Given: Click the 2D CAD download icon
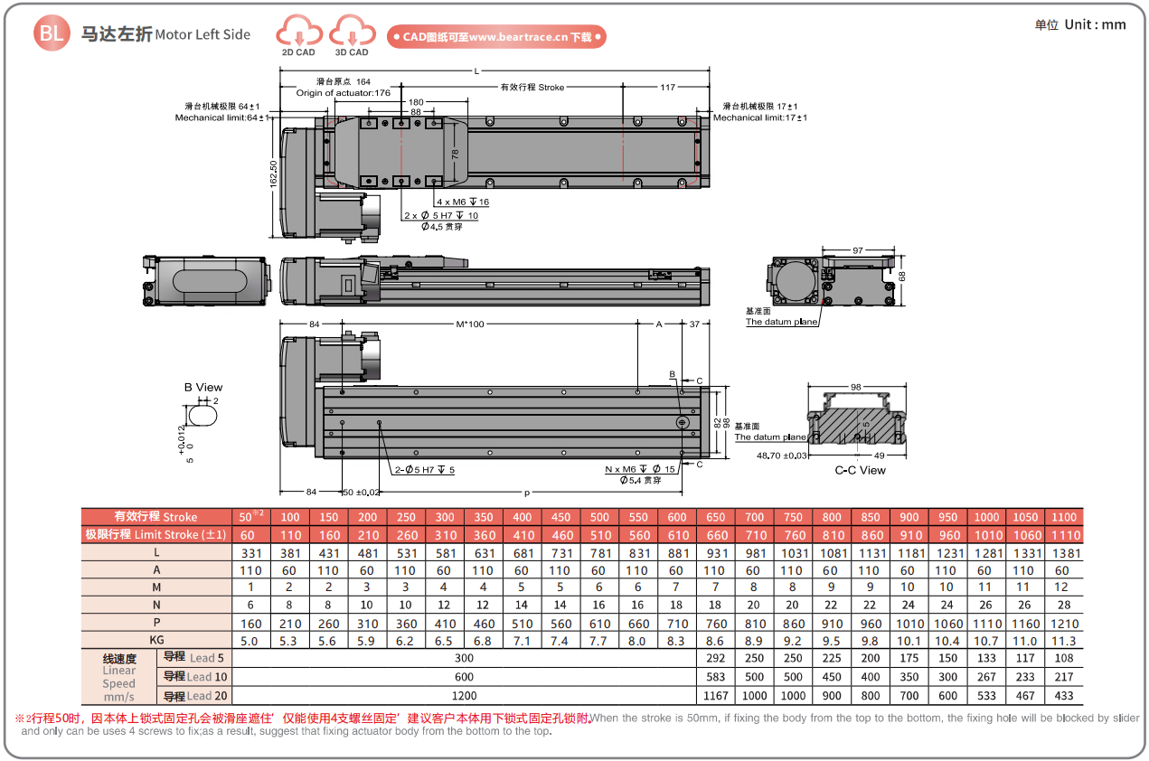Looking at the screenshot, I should pos(298,33).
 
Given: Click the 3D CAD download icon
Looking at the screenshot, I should pos(352,33).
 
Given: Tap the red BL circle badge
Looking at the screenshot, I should pos(51,34).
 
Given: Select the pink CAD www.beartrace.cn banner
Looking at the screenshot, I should pos(496,37).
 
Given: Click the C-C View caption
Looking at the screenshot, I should pos(860,470).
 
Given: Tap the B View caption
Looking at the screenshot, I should pos(203,388).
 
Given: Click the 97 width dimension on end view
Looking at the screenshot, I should pos(857,249).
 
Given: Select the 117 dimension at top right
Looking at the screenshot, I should pos(667,88).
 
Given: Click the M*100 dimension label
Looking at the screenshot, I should pos(470,324).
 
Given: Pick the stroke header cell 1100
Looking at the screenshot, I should pos(1063,517).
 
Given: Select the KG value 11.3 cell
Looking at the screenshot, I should pos(1063,641).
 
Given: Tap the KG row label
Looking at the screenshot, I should pos(156,641).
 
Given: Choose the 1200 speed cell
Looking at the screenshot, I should pos(464,696).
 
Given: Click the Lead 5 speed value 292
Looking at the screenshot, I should pos(715,658).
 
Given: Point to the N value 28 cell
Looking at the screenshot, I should pos(1063,605).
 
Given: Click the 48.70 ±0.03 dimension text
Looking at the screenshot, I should pos(781,456).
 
